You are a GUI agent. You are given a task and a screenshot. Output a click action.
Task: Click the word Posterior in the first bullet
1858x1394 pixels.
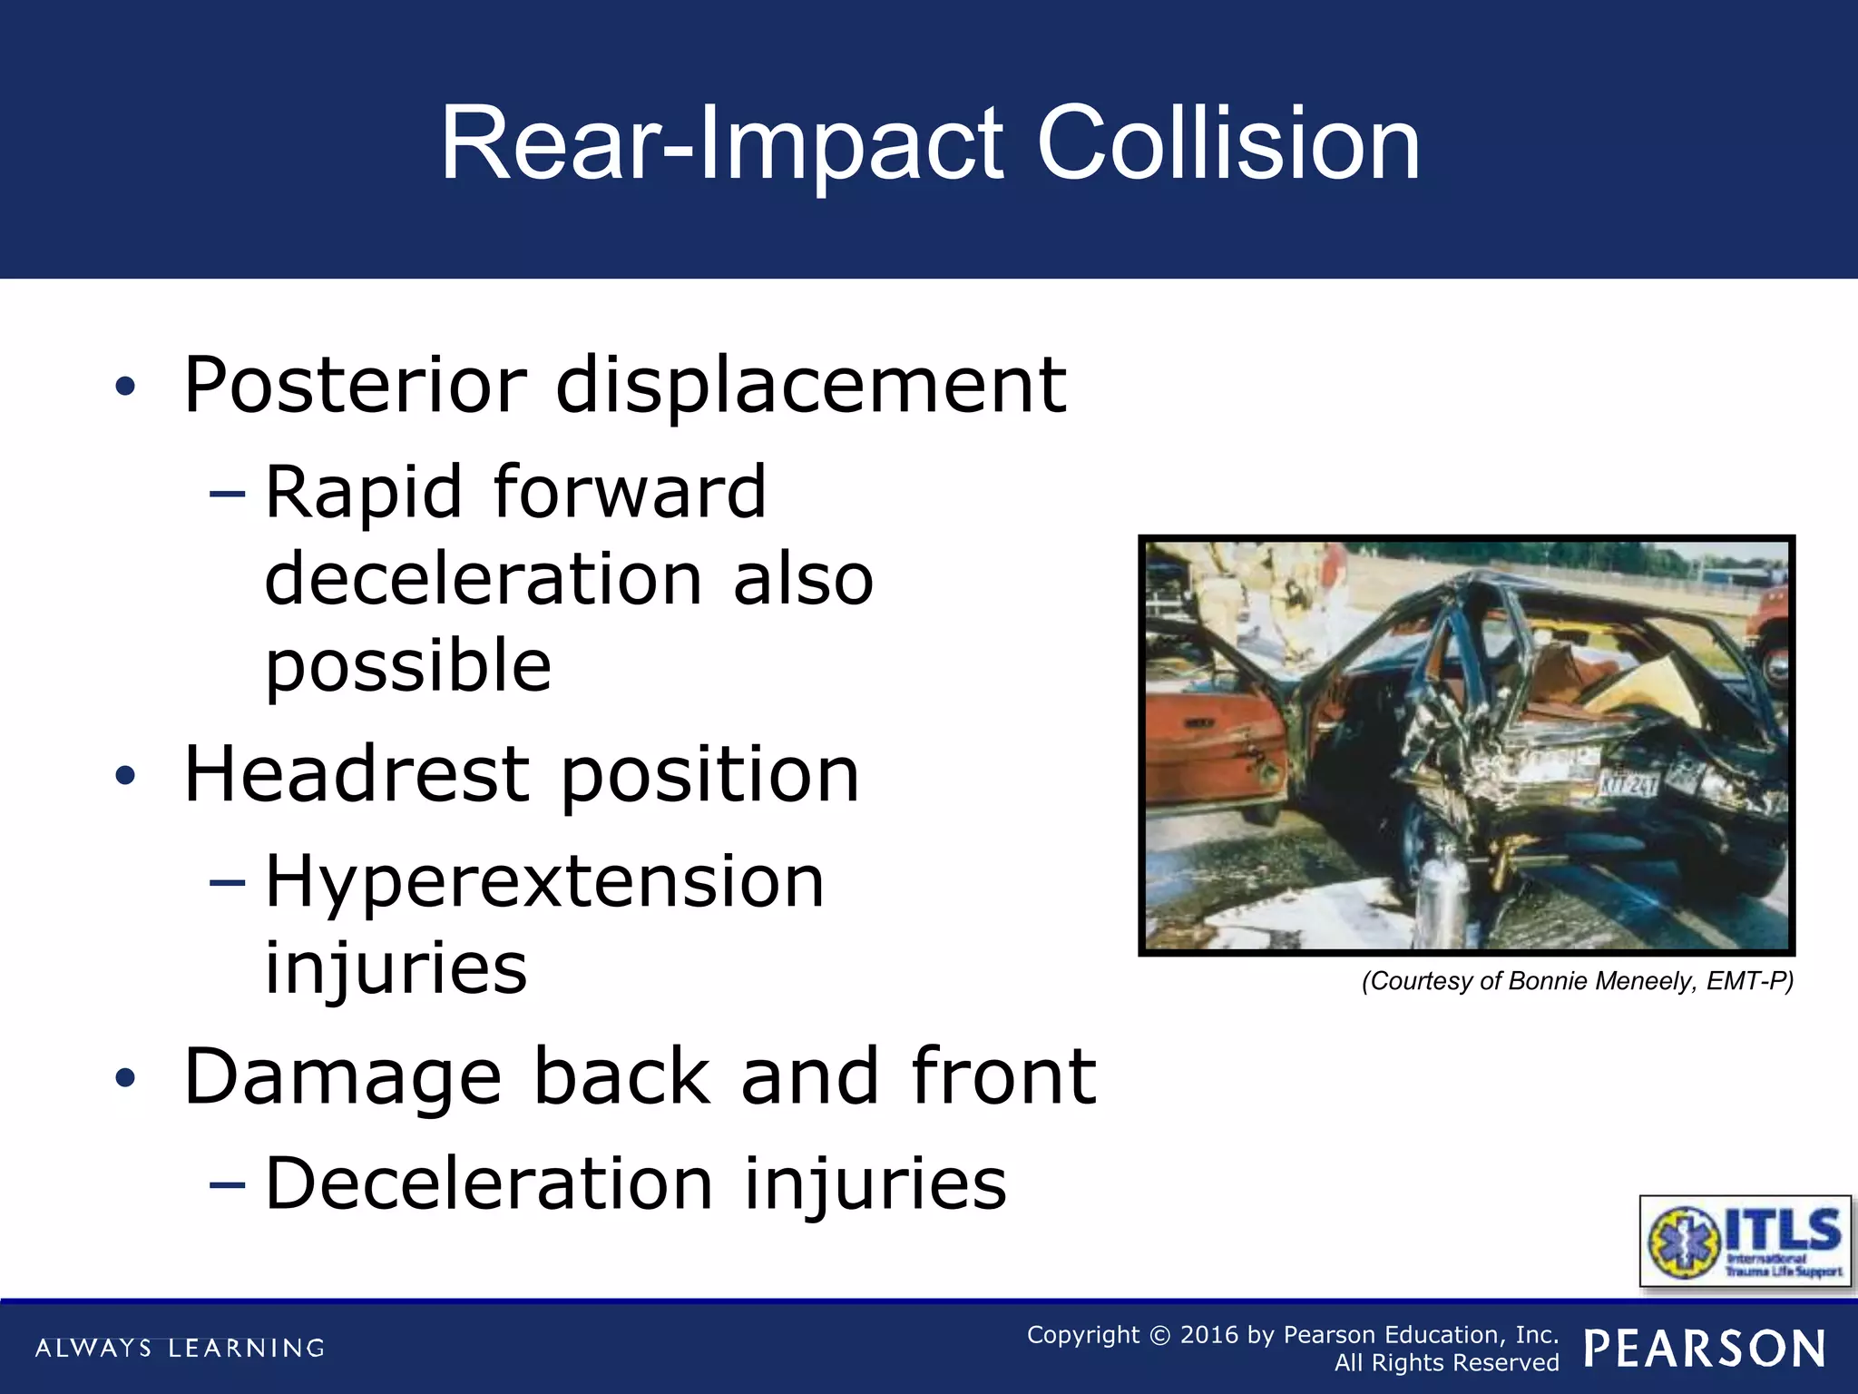[355, 385]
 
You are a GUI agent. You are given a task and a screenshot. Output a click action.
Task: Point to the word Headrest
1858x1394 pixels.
[357, 774]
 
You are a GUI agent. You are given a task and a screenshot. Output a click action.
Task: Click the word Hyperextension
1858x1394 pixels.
[544, 881]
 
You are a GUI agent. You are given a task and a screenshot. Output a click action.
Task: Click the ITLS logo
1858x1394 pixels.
[1745, 1241]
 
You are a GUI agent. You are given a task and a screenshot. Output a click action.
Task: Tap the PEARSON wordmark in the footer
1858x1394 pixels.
[1705, 1349]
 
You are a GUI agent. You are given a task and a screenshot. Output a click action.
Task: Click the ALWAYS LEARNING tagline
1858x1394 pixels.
[180, 1349]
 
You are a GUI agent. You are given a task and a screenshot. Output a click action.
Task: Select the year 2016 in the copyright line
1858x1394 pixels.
[1208, 1335]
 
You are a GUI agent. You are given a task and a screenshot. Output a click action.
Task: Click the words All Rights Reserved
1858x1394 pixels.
[1446, 1363]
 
